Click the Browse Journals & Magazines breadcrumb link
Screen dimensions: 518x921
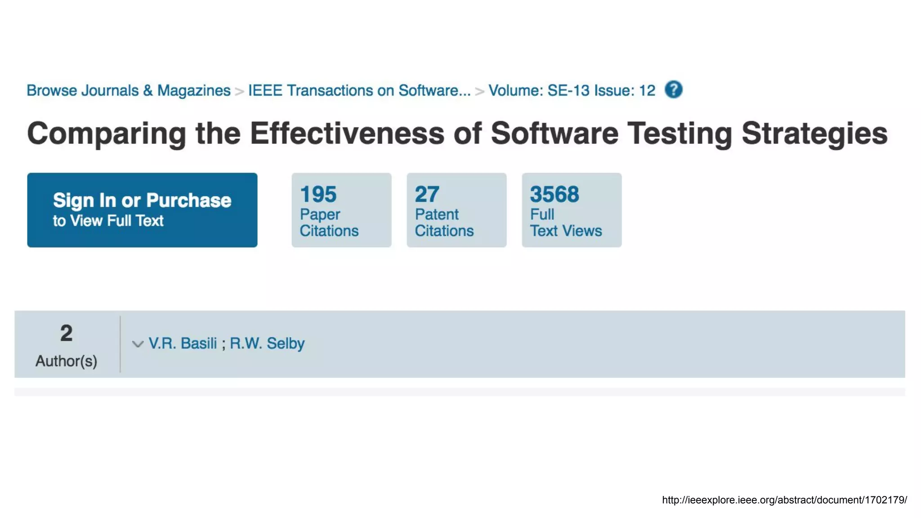pos(128,90)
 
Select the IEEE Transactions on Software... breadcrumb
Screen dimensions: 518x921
pos(359,90)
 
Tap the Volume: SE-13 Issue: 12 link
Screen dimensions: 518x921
pos(572,90)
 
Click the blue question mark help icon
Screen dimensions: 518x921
pos(673,89)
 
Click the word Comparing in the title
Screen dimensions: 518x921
pos(107,134)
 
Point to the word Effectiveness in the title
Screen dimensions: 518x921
pos(347,134)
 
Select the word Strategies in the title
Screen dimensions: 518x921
pos(814,134)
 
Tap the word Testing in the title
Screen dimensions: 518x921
pos(680,134)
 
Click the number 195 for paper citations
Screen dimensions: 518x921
pos(318,194)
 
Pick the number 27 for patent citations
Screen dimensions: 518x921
pos(427,194)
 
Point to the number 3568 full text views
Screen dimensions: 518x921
pos(554,194)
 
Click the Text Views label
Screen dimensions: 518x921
pos(566,231)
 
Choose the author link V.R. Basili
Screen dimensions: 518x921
pos(183,344)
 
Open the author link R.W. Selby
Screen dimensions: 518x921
pos(267,344)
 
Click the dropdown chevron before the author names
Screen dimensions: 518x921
pos(138,344)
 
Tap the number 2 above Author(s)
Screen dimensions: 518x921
pos(66,333)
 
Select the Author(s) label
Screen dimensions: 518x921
pos(66,361)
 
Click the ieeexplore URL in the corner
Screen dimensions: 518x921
pos(784,500)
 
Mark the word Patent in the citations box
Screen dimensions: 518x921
pos(436,214)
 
